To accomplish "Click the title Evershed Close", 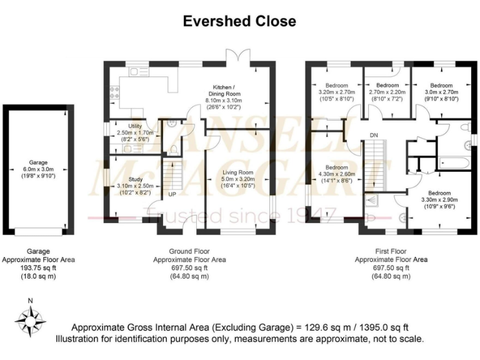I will pos(239,21).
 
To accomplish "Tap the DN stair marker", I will pos(374,135).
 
